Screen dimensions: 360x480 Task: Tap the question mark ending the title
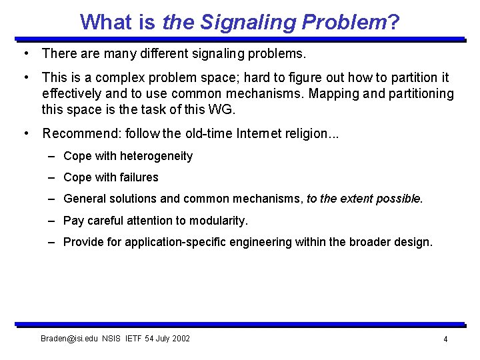pyautogui.click(x=394, y=22)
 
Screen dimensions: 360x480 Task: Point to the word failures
pyautogui.click(x=138, y=177)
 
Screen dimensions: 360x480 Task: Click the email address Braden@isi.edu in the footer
pyautogui.click(x=69, y=339)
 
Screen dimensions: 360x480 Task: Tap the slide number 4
pyautogui.click(x=445, y=339)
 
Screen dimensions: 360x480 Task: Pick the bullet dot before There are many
pyautogui.click(x=25, y=52)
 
